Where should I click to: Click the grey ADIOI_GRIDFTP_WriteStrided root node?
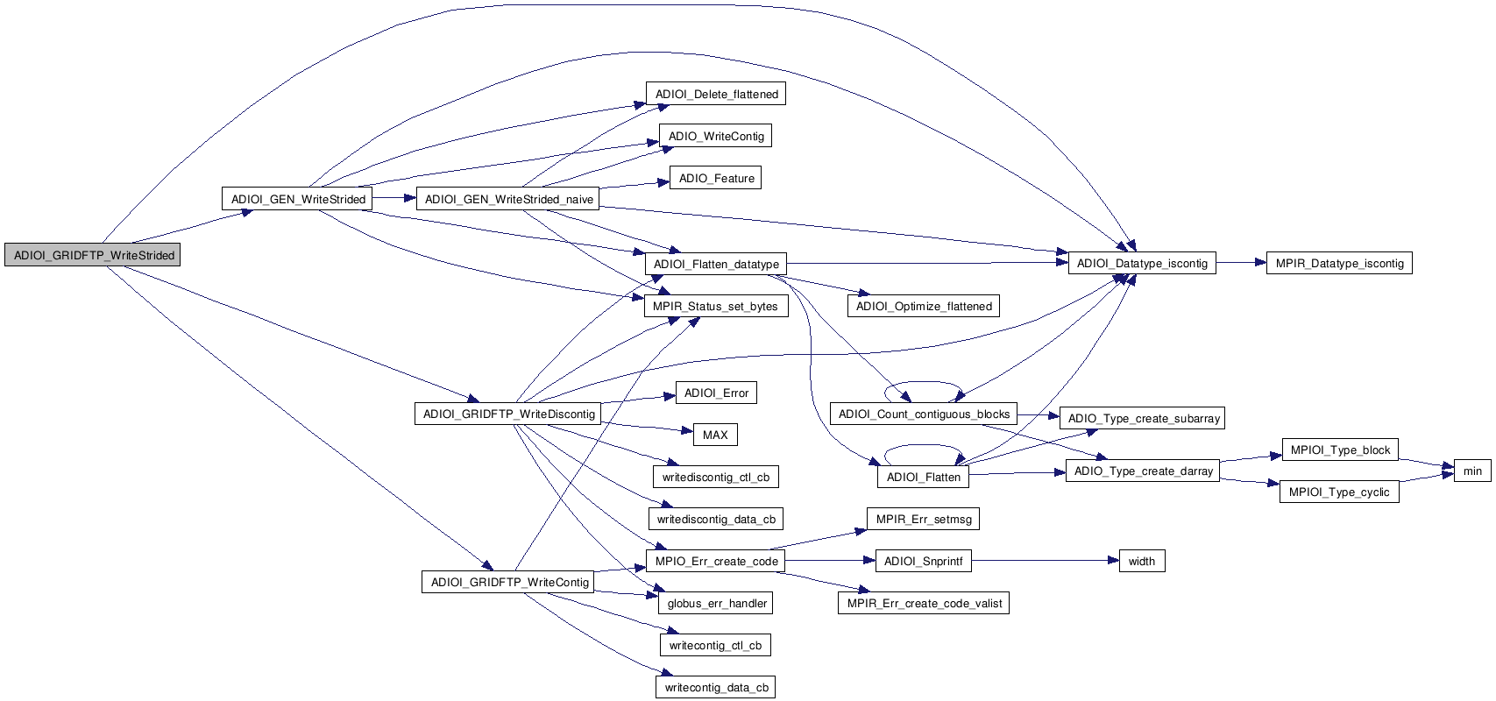pyautogui.click(x=93, y=255)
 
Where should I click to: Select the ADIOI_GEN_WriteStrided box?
pyautogui.click(x=298, y=199)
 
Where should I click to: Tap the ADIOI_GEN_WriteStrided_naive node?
pyautogui.click(x=508, y=199)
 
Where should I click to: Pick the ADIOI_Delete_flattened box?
pyautogui.click(x=716, y=94)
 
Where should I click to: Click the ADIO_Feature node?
pyautogui.click(x=716, y=178)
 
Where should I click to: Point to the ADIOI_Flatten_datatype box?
pyautogui.click(x=716, y=264)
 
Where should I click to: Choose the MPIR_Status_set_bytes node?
pyautogui.click(x=715, y=306)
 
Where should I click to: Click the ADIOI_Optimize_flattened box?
pyautogui.click(x=924, y=306)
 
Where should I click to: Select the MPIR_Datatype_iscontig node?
pyautogui.click(x=1339, y=263)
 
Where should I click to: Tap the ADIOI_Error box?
pyautogui.click(x=716, y=393)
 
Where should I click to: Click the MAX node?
pyautogui.click(x=715, y=435)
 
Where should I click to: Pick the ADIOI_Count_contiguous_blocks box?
pyautogui.click(x=924, y=414)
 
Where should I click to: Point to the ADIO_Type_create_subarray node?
pyautogui.click(x=1144, y=418)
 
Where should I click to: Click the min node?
pyautogui.click(x=1472, y=471)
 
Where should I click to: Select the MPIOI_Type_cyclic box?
pyautogui.click(x=1339, y=492)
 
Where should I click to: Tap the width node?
pyautogui.click(x=1142, y=561)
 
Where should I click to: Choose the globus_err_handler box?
pyautogui.click(x=717, y=603)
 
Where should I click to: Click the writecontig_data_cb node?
pyautogui.click(x=716, y=687)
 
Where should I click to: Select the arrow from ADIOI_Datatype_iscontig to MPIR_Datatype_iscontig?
pyautogui.click(x=1240, y=263)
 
